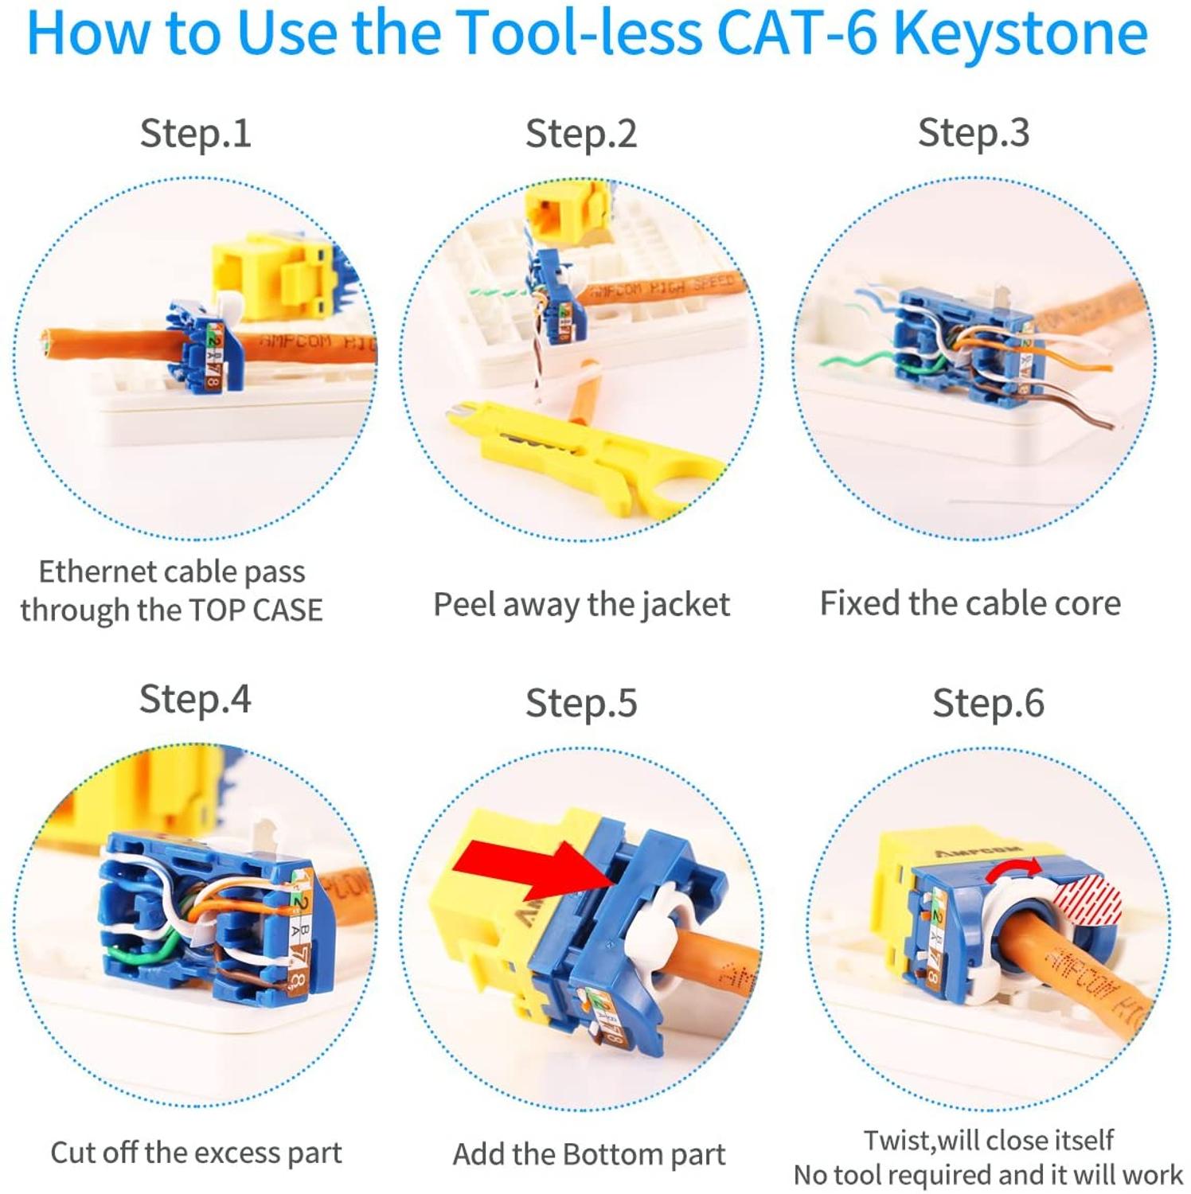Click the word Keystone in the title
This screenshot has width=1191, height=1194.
(1020, 33)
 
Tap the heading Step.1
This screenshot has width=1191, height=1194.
(195, 133)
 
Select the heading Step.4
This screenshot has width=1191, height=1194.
(195, 700)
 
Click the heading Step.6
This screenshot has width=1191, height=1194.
(987, 703)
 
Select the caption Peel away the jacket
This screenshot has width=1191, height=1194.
(581, 604)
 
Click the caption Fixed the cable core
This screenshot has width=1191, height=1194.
(970, 603)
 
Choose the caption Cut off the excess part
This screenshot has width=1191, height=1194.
(196, 1153)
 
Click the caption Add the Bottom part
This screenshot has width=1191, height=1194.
(589, 1154)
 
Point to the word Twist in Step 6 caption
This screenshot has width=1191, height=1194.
(898, 1140)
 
